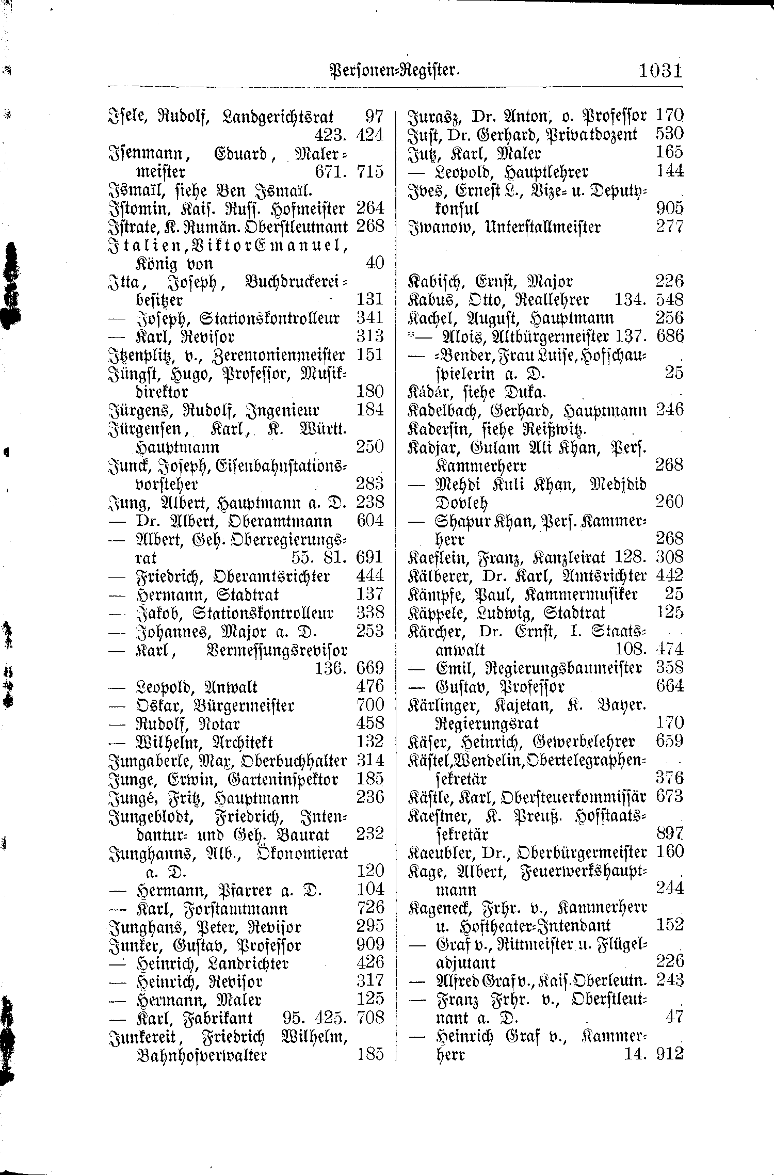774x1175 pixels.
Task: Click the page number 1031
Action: (660, 70)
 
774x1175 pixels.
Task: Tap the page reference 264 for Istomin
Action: (370, 208)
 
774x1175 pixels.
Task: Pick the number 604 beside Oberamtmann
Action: (370, 521)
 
